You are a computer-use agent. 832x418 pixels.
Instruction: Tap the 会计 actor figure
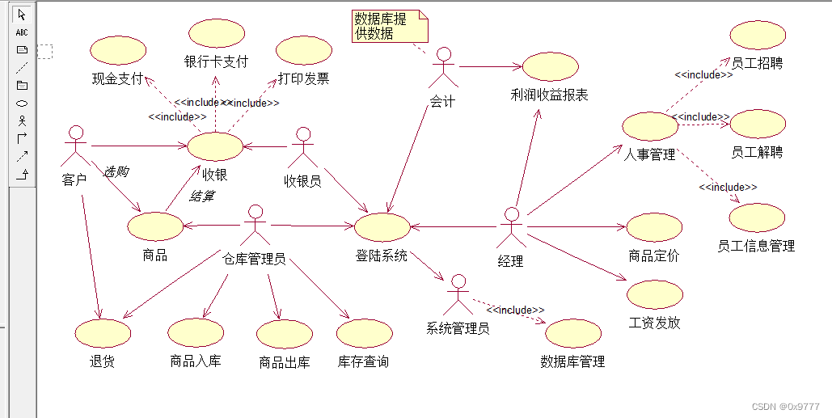click(x=442, y=68)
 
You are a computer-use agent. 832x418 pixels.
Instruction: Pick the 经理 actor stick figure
click(x=510, y=228)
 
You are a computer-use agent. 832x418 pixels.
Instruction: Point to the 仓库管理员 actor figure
click(x=256, y=225)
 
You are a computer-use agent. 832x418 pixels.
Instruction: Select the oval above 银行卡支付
click(x=216, y=33)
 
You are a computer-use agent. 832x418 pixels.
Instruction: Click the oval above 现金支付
click(x=118, y=49)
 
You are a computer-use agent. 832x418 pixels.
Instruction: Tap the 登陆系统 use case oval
click(x=382, y=227)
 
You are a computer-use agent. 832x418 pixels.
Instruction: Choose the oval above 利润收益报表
click(x=550, y=67)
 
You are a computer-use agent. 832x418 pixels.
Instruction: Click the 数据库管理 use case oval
click(x=572, y=333)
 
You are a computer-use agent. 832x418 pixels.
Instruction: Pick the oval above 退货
click(x=102, y=332)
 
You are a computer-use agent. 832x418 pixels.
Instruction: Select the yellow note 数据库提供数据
click(x=390, y=26)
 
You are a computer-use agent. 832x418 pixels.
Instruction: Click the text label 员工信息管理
click(x=756, y=246)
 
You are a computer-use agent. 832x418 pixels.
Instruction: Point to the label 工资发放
click(x=654, y=323)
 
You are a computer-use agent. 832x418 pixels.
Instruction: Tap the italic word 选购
click(x=116, y=172)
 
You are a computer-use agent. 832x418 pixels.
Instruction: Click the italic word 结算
click(x=201, y=196)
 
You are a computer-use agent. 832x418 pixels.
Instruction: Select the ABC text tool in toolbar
click(x=22, y=32)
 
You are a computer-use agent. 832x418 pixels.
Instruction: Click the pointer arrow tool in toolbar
click(x=22, y=15)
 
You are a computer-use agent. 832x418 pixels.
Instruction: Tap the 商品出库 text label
click(x=284, y=362)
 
